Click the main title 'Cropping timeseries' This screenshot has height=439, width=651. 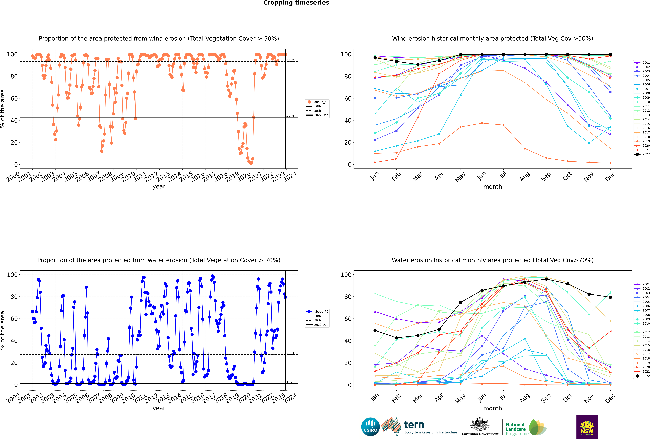296,3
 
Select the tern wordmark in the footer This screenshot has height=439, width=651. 414,425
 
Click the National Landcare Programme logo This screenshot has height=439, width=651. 526,428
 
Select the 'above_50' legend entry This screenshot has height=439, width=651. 317,102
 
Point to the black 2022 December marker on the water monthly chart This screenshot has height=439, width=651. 610,297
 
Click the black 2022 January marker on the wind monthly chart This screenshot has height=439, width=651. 375,58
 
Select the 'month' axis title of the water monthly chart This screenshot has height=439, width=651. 493,408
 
